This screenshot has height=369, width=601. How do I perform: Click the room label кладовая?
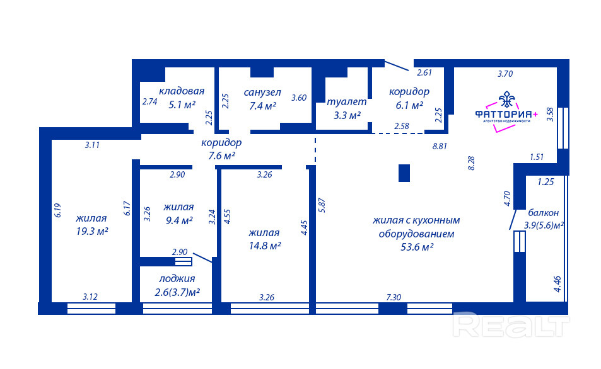(182, 91)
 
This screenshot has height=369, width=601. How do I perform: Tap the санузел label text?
(262, 92)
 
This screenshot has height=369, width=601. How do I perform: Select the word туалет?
(347, 102)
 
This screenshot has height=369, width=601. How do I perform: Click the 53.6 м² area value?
(417, 247)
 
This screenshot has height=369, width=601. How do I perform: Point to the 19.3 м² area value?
(92, 231)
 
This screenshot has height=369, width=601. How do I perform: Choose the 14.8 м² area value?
(265, 246)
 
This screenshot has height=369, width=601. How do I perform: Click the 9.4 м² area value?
(179, 220)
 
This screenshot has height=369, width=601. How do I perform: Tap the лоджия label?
(177, 279)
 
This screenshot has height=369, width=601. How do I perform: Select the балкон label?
(544, 213)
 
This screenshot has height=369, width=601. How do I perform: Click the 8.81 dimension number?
(440, 146)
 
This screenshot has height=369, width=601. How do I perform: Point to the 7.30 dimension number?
(394, 297)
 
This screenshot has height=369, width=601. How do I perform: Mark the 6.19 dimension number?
(58, 210)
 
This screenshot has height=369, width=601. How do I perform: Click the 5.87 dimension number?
(322, 205)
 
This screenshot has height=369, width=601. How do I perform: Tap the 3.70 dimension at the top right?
(505, 74)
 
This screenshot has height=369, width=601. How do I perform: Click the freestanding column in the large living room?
(404, 173)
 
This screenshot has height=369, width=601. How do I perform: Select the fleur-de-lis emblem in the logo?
(506, 99)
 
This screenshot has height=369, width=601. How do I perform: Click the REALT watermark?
(511, 326)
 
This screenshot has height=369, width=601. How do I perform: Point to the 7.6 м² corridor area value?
(221, 156)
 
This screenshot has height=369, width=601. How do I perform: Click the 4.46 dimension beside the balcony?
(557, 284)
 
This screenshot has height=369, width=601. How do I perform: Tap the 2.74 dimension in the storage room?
(150, 102)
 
